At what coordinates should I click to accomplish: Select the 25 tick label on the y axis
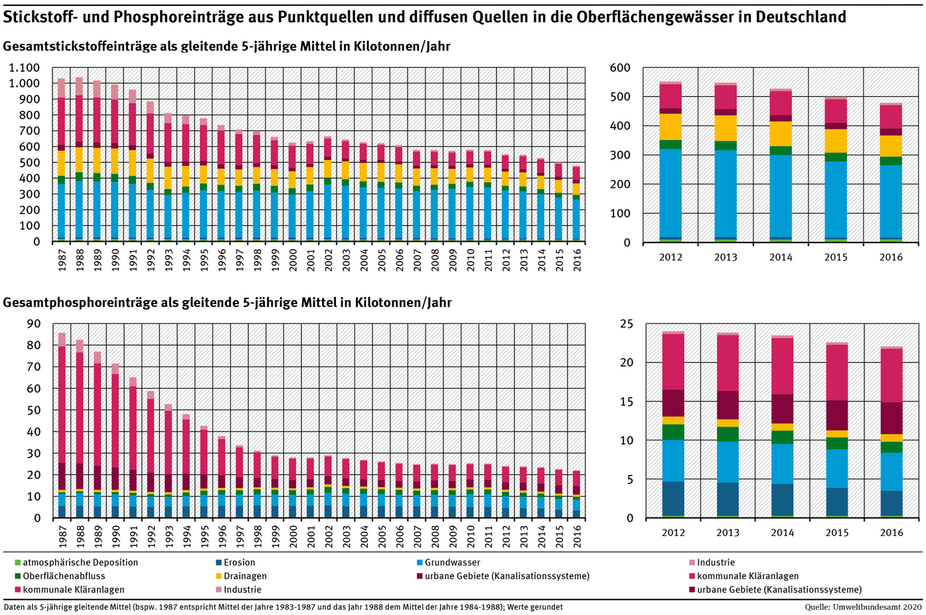pos(627,324)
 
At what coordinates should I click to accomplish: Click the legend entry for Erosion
pos(239,563)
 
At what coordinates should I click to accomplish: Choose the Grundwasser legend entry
pos(452,563)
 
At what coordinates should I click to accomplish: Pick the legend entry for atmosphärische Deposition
pos(80,563)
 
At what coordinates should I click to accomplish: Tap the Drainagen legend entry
pos(245,576)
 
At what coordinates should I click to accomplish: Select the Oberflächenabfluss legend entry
pos(64,576)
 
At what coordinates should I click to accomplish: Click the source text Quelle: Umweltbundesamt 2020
pos(863,607)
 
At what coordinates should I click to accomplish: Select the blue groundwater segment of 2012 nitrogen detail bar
pos(671,193)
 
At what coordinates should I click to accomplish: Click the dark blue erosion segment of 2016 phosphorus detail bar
pos(891,503)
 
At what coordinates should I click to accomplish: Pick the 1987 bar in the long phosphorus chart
pos(62,425)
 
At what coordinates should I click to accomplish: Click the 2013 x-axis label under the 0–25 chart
pos(728,532)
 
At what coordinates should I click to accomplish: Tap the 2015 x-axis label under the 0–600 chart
pos(836,257)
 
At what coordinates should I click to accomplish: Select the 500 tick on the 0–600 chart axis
pos(620,97)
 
